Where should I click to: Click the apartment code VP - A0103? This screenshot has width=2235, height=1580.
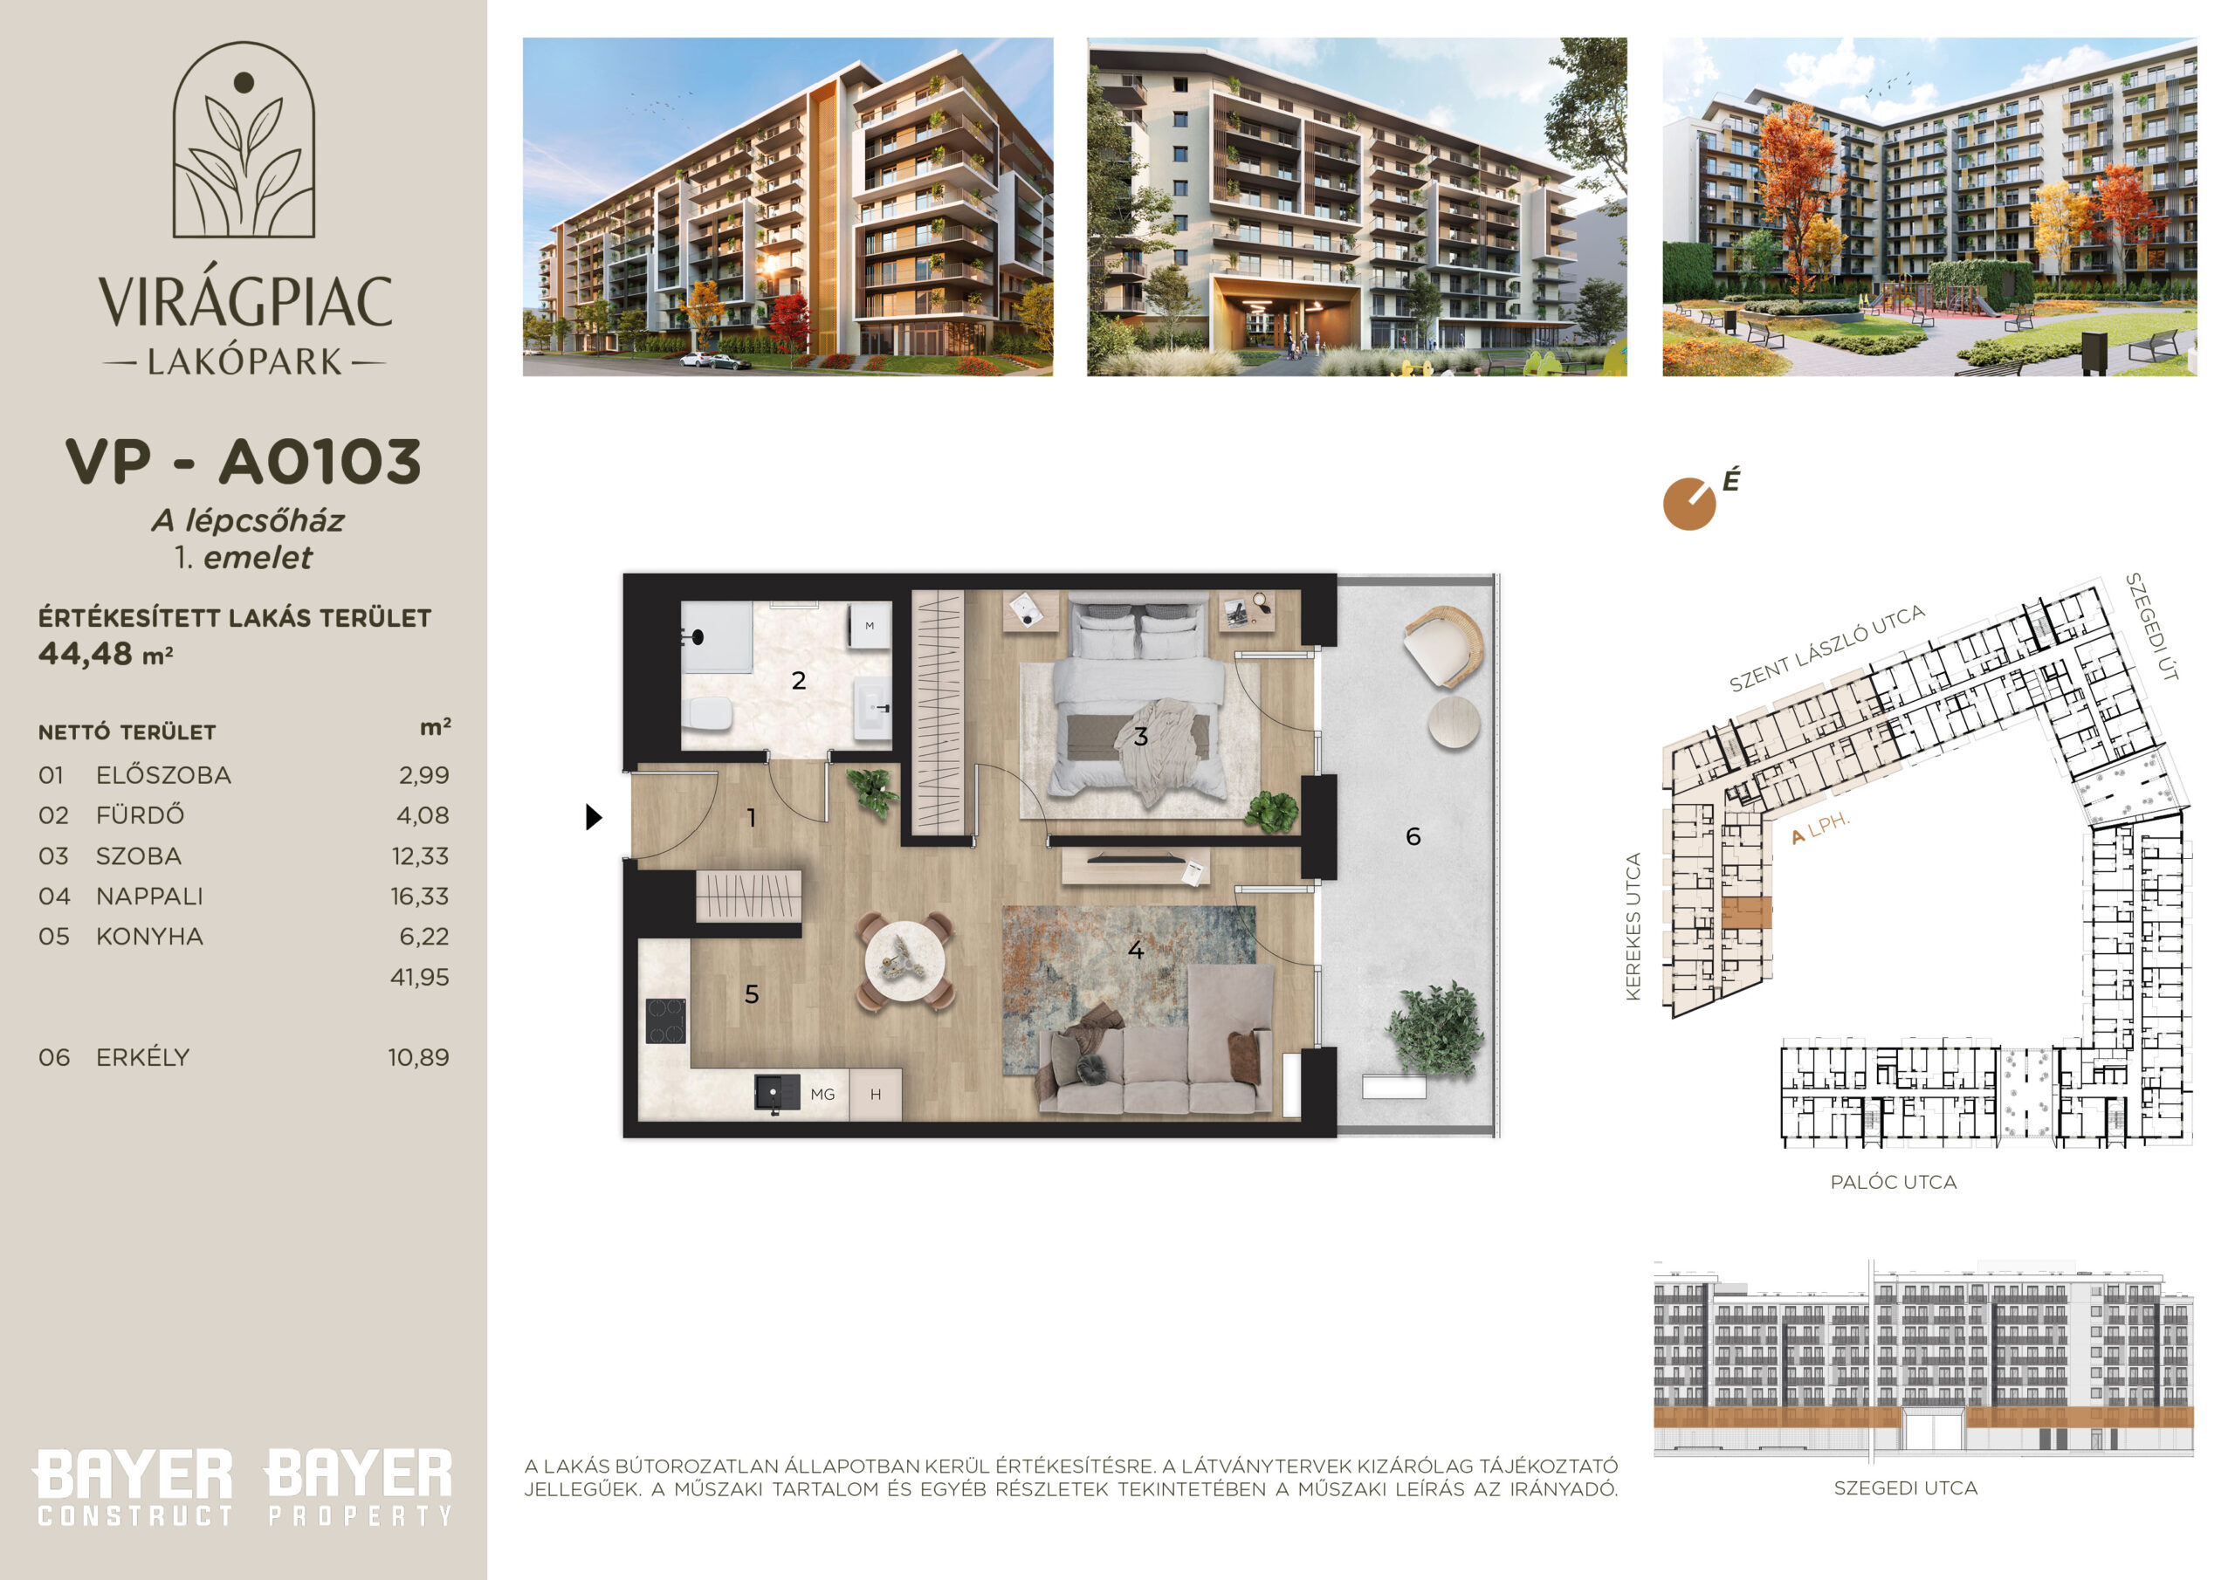click(244, 462)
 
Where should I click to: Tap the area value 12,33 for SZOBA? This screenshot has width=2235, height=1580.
click(421, 856)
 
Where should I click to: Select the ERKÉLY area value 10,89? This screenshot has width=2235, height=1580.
click(418, 1057)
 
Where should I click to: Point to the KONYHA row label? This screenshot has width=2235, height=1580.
click(149, 937)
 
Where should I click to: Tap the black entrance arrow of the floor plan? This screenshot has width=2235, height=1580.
click(594, 817)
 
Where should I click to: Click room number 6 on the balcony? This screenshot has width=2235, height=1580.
click(1413, 836)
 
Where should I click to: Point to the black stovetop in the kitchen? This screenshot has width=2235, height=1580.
click(666, 1021)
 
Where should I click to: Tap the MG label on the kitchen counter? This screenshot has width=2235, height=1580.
click(822, 1095)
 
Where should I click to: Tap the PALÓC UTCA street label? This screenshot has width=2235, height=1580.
click(1894, 1182)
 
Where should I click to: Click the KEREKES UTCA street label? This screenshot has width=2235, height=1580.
click(1633, 927)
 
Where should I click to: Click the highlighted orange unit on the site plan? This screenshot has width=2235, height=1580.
click(1746, 912)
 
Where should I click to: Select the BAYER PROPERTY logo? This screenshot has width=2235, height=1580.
click(359, 1487)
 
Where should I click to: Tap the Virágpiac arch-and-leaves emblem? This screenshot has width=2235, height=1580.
click(244, 139)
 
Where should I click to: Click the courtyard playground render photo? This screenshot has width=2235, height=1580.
click(1929, 206)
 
